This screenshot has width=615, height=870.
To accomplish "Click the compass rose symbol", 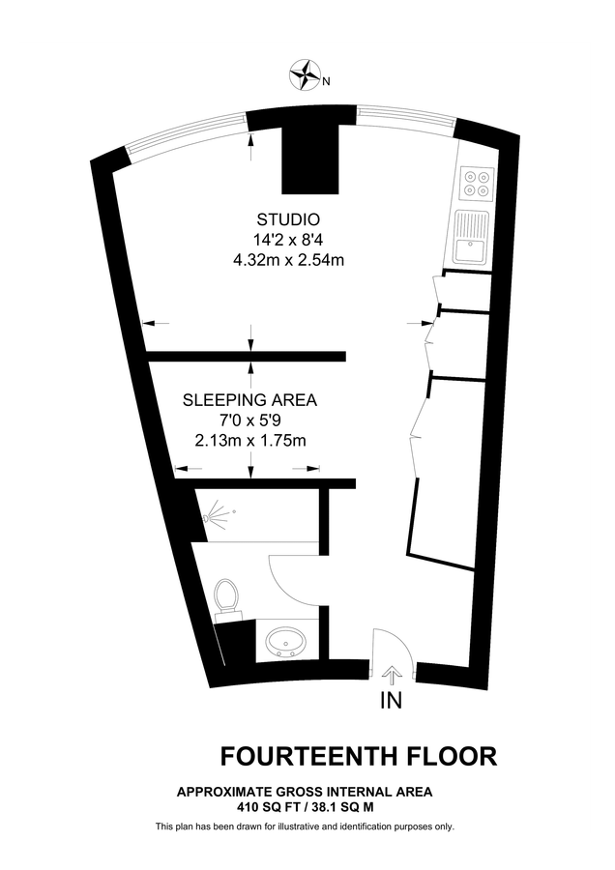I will [307, 72].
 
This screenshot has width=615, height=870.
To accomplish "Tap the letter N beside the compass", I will [326, 81].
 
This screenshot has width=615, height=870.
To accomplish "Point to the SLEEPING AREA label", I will [249, 399].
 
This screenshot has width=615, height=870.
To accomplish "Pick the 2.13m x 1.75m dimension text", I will [249, 441].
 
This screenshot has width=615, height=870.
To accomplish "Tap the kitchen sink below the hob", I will [473, 236].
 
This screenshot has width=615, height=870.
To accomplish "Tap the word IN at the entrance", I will [392, 700].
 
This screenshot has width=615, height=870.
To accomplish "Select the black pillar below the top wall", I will [310, 159].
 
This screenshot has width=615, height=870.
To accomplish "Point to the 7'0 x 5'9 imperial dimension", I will [249, 420].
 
